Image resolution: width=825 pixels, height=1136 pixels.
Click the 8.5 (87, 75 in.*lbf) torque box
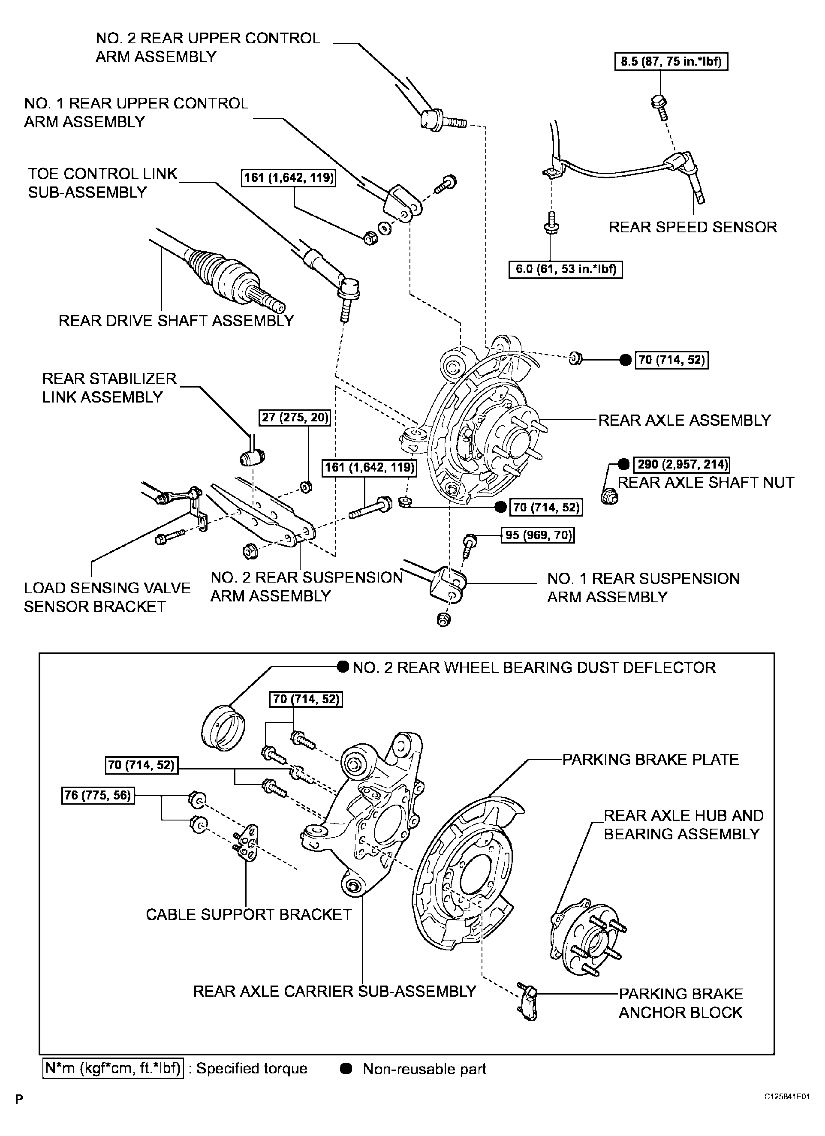coord(671,62)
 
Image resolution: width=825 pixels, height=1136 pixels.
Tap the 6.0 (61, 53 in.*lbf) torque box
coord(565,270)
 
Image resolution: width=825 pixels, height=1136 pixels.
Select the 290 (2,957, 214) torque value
coord(681,464)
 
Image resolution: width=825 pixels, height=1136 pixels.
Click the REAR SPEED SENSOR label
coord(692,227)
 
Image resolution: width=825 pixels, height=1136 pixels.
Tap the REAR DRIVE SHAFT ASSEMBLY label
coord(176,321)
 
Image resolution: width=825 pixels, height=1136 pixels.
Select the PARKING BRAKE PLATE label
coord(650,759)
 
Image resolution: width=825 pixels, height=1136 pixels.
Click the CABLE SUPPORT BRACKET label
coord(248,915)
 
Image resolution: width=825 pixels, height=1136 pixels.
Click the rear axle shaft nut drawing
coord(610,496)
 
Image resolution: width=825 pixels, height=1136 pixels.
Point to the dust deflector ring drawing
coord(223,728)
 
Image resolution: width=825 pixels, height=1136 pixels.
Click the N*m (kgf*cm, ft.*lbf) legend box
coord(113,1068)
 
